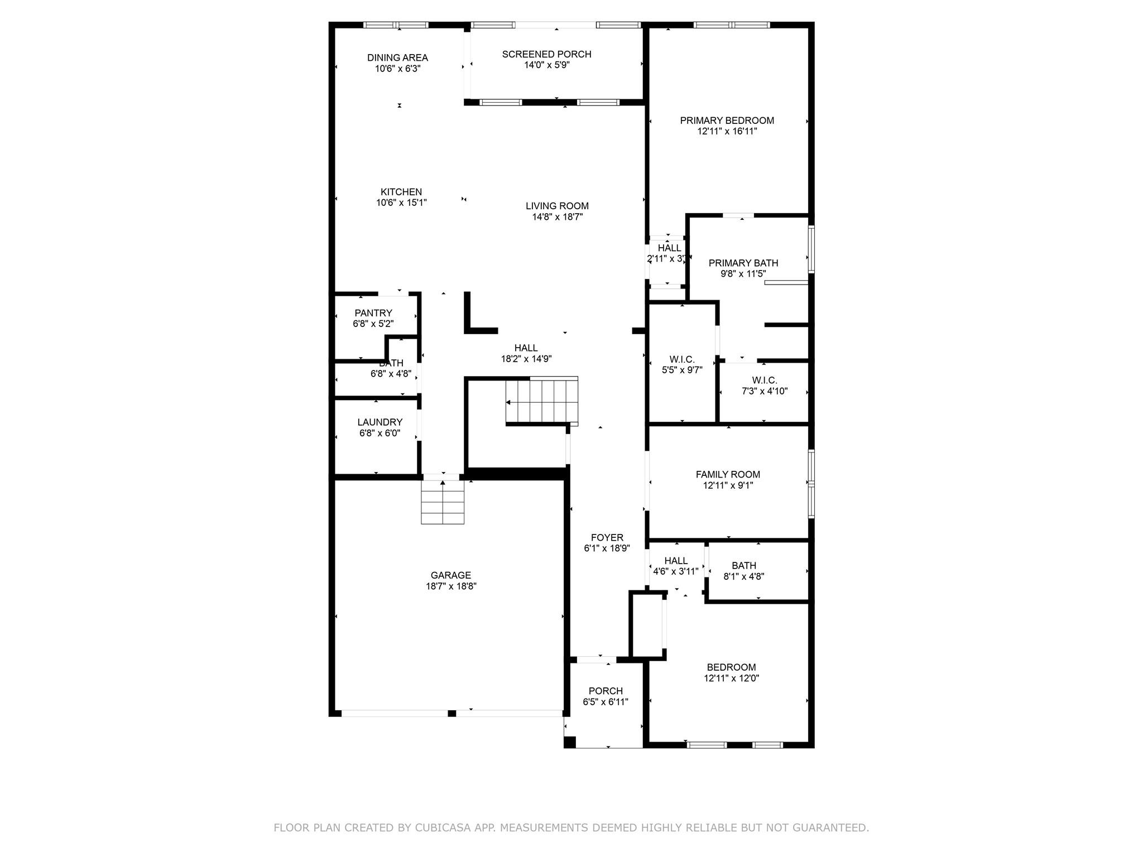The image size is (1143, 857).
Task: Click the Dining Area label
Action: tap(397, 57)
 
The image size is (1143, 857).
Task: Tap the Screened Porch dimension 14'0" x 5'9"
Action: tap(546, 65)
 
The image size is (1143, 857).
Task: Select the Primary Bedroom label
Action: tap(727, 121)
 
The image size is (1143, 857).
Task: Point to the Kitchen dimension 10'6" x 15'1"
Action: tap(401, 203)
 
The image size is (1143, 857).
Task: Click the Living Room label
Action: tap(557, 206)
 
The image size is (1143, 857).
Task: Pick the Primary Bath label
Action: tap(743, 263)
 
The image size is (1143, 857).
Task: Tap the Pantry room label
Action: tap(373, 313)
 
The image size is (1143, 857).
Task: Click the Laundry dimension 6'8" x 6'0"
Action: tap(380, 433)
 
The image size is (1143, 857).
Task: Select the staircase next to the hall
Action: tap(542, 401)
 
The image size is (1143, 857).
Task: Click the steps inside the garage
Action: tap(443, 502)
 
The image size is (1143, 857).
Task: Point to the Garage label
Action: tap(450, 575)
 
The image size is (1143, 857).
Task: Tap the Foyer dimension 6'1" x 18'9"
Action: tap(607, 548)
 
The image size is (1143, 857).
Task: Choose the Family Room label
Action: tap(728, 474)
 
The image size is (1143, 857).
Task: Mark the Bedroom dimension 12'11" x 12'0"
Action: tap(731, 678)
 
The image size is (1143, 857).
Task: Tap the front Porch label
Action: tap(606, 691)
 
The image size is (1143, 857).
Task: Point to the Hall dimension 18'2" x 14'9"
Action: tap(526, 359)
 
